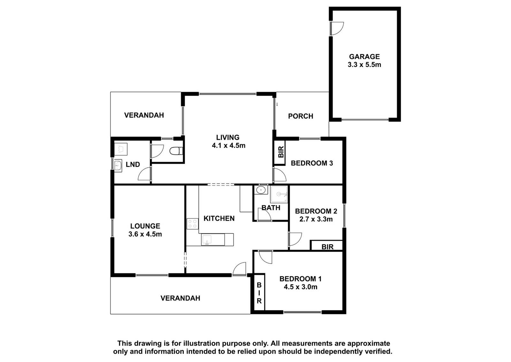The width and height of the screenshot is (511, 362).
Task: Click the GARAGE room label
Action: pyautogui.click(x=364, y=56)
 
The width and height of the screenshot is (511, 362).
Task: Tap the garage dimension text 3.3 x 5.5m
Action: pyautogui.click(x=364, y=65)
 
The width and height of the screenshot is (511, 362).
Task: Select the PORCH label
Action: pyautogui.click(x=301, y=116)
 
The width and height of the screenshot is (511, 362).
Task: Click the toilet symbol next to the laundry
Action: pyautogui.click(x=176, y=151)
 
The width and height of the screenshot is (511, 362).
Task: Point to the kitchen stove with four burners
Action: pyautogui.click(x=193, y=224)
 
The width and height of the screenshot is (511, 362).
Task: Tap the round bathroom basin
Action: pyautogui.click(x=261, y=190)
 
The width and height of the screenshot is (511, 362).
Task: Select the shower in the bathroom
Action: pyautogui.click(x=279, y=194)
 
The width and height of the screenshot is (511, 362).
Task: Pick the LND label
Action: pyautogui.click(x=133, y=164)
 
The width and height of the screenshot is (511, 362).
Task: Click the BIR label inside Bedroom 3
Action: pyautogui.click(x=281, y=152)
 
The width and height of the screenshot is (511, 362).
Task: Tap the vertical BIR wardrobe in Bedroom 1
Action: pyautogui.click(x=259, y=293)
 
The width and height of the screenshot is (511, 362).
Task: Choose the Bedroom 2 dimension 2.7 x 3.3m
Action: pyautogui.click(x=316, y=219)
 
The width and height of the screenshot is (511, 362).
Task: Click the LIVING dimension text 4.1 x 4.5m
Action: pyautogui.click(x=229, y=146)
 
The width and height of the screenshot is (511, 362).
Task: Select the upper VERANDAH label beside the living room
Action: pyautogui.click(x=144, y=115)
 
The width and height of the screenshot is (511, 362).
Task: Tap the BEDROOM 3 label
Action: pyautogui.click(x=312, y=163)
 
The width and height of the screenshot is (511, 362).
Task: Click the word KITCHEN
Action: pyautogui.click(x=219, y=218)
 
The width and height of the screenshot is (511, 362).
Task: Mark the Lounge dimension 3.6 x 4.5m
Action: pyautogui.click(x=145, y=234)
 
